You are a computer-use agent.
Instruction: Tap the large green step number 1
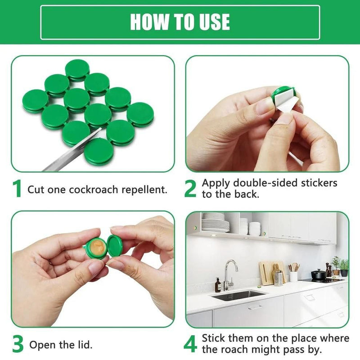17,189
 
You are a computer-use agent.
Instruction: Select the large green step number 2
190,189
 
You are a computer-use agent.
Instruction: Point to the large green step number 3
18,344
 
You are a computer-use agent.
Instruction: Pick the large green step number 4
190,344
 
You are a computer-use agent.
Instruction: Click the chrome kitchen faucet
229,272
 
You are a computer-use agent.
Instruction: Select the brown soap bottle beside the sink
218,285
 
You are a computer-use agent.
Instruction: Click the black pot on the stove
319,274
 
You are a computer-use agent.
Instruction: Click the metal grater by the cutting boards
279,278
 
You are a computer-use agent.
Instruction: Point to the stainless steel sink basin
239,295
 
